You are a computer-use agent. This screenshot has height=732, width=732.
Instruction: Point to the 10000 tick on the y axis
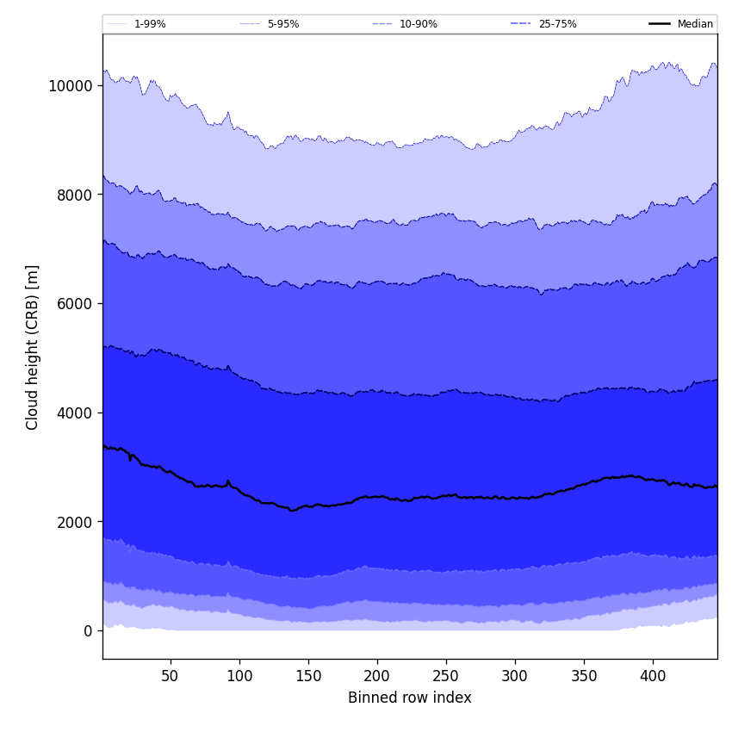[x=71, y=86]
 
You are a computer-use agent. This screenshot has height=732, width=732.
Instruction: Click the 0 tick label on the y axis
[x=88, y=631]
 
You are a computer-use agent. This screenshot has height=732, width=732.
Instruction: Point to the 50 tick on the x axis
[x=171, y=677]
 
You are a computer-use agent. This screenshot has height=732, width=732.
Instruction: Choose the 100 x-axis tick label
[x=239, y=677]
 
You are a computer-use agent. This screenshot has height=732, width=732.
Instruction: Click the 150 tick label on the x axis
[x=308, y=677]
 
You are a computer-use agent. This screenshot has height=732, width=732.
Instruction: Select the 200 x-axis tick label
[x=377, y=677]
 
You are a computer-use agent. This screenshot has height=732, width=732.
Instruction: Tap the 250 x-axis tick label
[x=446, y=677]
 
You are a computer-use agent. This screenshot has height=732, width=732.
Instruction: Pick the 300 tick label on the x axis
[x=515, y=677]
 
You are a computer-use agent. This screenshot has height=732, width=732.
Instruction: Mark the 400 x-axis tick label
[x=653, y=677]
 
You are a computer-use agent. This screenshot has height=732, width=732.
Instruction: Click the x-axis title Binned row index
[x=410, y=698]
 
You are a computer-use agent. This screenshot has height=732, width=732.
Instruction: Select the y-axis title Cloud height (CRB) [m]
[x=33, y=347]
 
